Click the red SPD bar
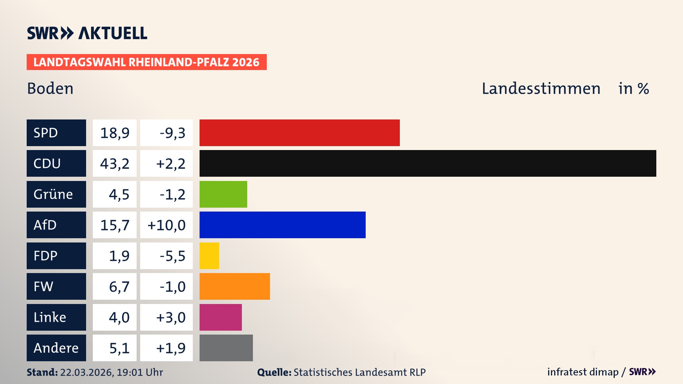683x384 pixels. click(x=300, y=133)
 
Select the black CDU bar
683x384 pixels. click(x=428, y=163)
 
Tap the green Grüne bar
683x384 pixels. click(x=223, y=194)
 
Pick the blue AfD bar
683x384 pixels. click(x=282, y=225)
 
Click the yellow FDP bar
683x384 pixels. click(x=209, y=256)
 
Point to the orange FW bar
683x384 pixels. click(x=234, y=286)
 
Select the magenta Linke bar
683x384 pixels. click(x=221, y=317)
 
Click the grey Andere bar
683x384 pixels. click(x=226, y=348)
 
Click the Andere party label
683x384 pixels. click(x=56, y=348)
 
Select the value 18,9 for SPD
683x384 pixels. click(x=115, y=133)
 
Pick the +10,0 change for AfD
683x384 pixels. click(x=166, y=225)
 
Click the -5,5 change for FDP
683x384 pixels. click(x=172, y=256)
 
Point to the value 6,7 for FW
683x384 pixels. click(x=119, y=286)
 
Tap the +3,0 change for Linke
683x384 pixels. click(x=171, y=317)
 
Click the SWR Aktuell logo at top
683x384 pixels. click(x=87, y=33)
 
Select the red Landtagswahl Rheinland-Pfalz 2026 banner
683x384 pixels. click(x=146, y=62)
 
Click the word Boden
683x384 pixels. click(x=50, y=88)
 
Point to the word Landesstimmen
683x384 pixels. click(x=541, y=88)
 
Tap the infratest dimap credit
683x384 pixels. click(x=583, y=372)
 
